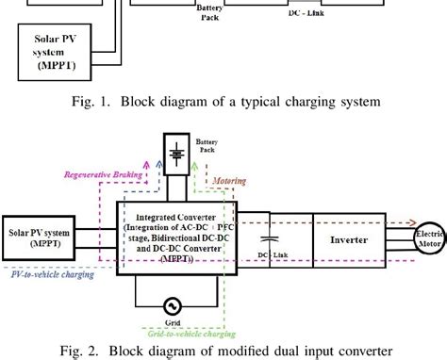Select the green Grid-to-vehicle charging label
(190, 333)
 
